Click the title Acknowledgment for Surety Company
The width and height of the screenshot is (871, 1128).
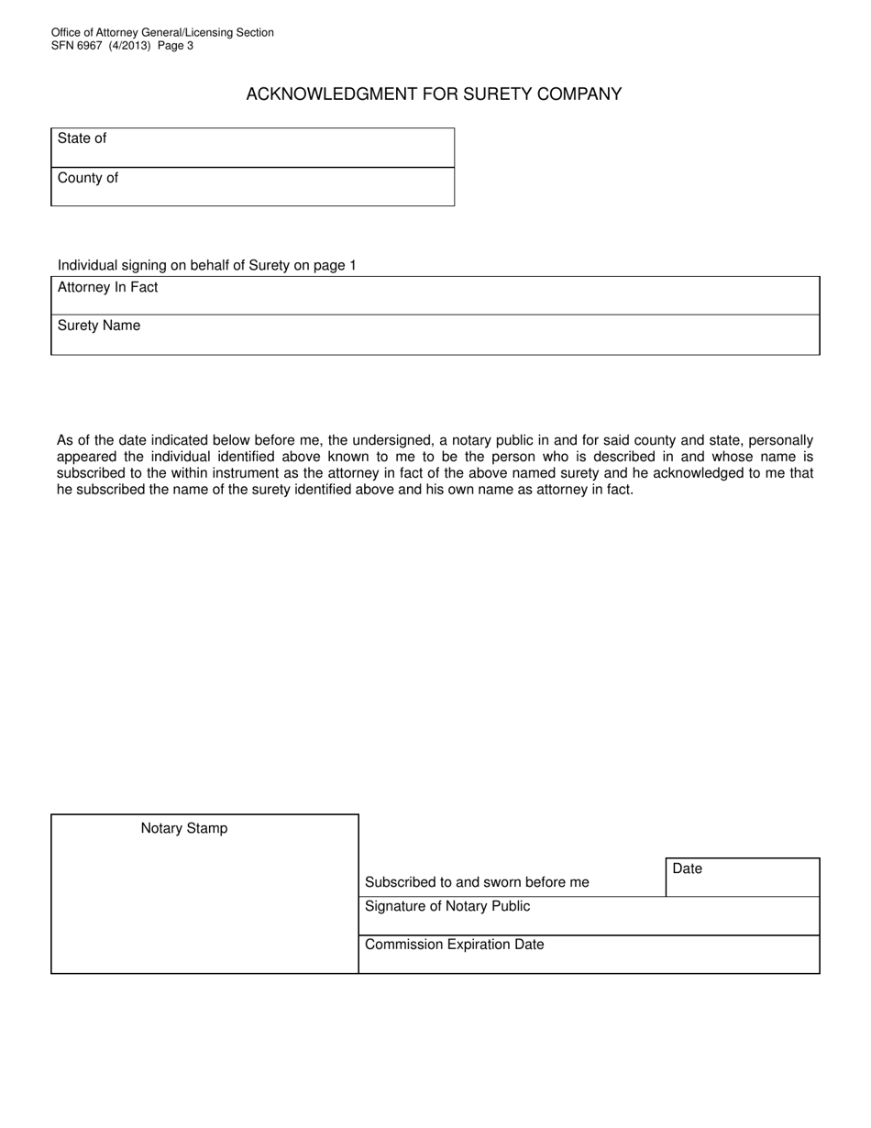point(434,94)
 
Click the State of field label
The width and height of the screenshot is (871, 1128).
point(82,138)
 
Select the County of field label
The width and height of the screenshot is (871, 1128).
point(87,178)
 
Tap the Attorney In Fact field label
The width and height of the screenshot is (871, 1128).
point(107,287)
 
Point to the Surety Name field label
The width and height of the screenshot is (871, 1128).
point(99,326)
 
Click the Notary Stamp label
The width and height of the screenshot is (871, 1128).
point(184,828)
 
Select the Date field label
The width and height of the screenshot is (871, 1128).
point(687,868)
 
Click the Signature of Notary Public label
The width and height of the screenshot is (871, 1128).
point(447,906)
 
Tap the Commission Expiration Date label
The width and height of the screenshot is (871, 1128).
point(454,945)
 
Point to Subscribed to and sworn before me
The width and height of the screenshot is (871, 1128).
point(477,882)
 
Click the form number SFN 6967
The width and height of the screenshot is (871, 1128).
point(76,46)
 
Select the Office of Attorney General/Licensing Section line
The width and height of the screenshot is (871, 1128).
point(162,33)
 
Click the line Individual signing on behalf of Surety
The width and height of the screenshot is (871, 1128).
point(206,265)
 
